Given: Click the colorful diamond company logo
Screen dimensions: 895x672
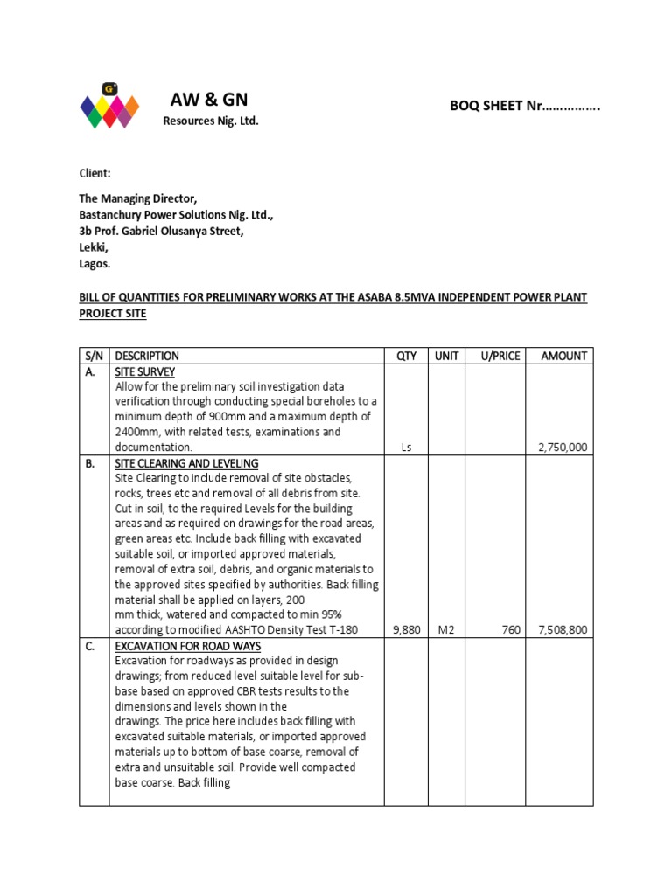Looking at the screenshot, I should [x=109, y=106].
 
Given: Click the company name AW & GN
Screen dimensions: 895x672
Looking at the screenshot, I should [x=209, y=99].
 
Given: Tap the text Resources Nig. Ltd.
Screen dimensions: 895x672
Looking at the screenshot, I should [x=211, y=121].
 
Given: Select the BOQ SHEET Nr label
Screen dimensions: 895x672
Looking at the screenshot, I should [x=524, y=106].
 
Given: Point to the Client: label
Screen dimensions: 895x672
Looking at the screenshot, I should [x=95, y=174].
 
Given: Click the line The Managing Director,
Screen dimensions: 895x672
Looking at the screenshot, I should [x=144, y=199].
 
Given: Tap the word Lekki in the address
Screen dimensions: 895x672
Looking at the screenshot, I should [x=94, y=247].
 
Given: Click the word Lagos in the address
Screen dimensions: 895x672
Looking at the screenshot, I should [x=95, y=263].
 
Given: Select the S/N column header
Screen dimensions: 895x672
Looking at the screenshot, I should [x=94, y=356].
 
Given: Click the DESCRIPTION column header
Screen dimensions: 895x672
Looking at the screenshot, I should [x=147, y=356].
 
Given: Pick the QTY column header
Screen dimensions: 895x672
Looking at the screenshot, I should [x=406, y=356].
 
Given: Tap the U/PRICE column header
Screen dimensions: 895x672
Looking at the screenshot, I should [x=500, y=356].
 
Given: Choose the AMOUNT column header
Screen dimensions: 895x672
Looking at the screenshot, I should [x=564, y=356].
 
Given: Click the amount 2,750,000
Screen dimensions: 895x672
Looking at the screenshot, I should [x=562, y=447].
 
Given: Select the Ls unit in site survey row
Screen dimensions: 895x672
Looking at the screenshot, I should [x=406, y=447].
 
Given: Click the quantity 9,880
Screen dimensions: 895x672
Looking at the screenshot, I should [x=406, y=630].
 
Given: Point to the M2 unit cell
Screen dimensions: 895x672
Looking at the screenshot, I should [x=446, y=630].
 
